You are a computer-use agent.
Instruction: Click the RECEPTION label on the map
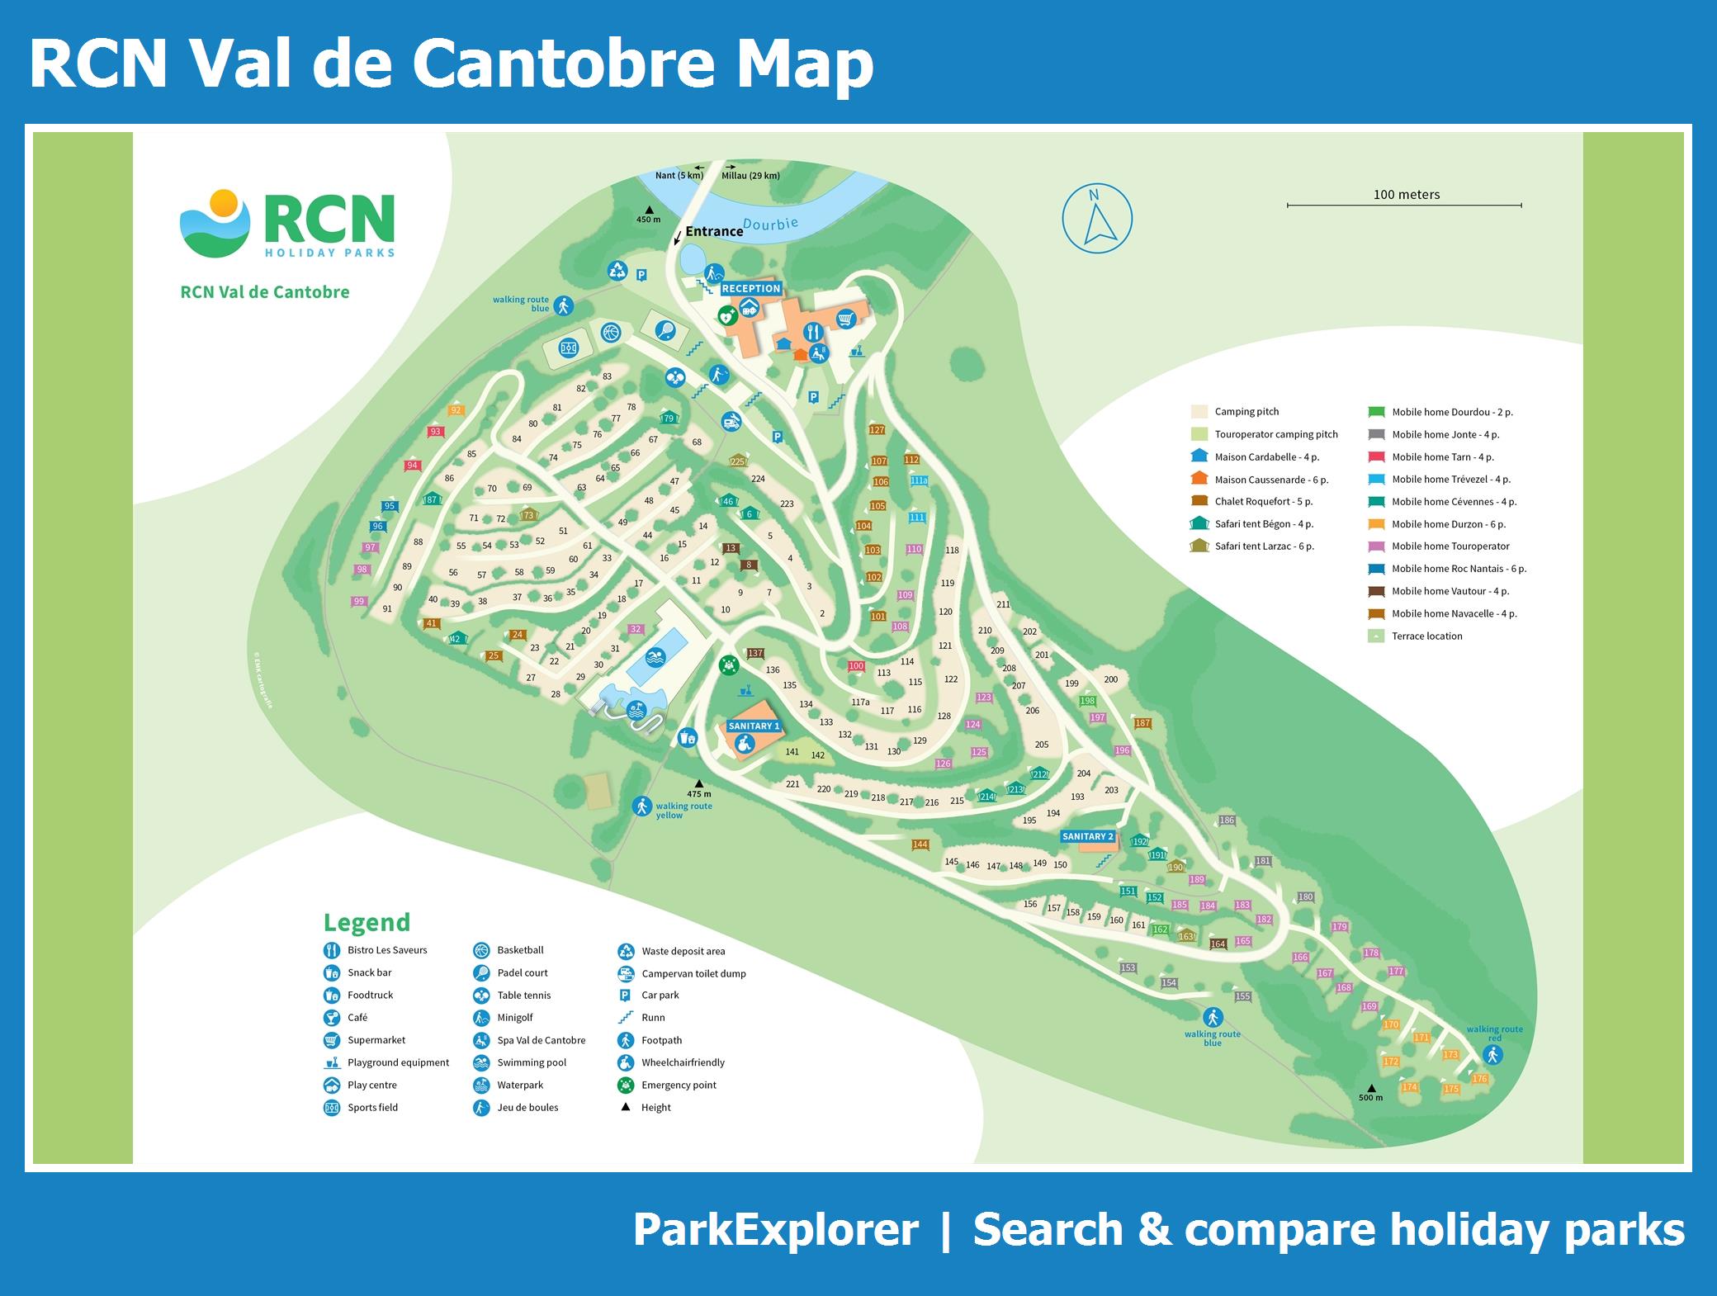pyautogui.click(x=750, y=288)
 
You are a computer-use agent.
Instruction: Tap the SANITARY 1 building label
pyautogui.click(x=754, y=726)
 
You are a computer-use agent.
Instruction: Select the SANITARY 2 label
pyautogui.click(x=1087, y=836)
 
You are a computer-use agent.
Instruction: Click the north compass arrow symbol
pyautogui.click(x=1096, y=219)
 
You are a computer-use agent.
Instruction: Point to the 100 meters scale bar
pyautogui.click(x=1404, y=204)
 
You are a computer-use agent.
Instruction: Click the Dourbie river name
pyautogui.click(x=770, y=224)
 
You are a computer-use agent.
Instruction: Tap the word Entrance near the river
pyautogui.click(x=713, y=232)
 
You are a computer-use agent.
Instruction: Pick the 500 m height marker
pyautogui.click(x=1370, y=1092)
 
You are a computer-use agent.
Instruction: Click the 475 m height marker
pyautogui.click(x=698, y=788)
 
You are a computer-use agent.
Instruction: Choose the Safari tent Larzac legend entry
pyautogui.click(x=1264, y=546)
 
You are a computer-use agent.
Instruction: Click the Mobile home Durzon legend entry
pyautogui.click(x=1448, y=524)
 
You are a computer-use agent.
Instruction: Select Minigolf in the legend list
pyautogui.click(x=514, y=1018)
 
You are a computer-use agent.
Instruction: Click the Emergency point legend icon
pyautogui.click(x=626, y=1085)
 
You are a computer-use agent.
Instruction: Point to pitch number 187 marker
pyautogui.click(x=1142, y=723)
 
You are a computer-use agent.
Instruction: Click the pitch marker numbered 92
pyautogui.click(x=456, y=410)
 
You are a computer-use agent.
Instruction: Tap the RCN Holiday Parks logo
pyautogui.click(x=286, y=224)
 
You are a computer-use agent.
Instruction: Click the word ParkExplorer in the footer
pyautogui.click(x=775, y=1230)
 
